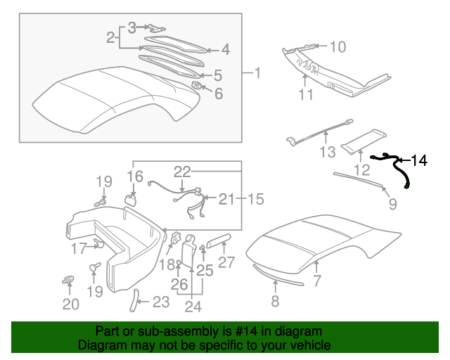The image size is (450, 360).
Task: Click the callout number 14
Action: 419,161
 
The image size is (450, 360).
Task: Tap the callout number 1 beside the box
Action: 257,72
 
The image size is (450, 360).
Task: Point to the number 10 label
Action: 337,47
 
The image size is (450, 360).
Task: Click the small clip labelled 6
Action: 197,85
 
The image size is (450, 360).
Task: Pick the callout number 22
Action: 183,171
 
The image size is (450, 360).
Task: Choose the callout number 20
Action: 70,304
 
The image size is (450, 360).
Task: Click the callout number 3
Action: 131,28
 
